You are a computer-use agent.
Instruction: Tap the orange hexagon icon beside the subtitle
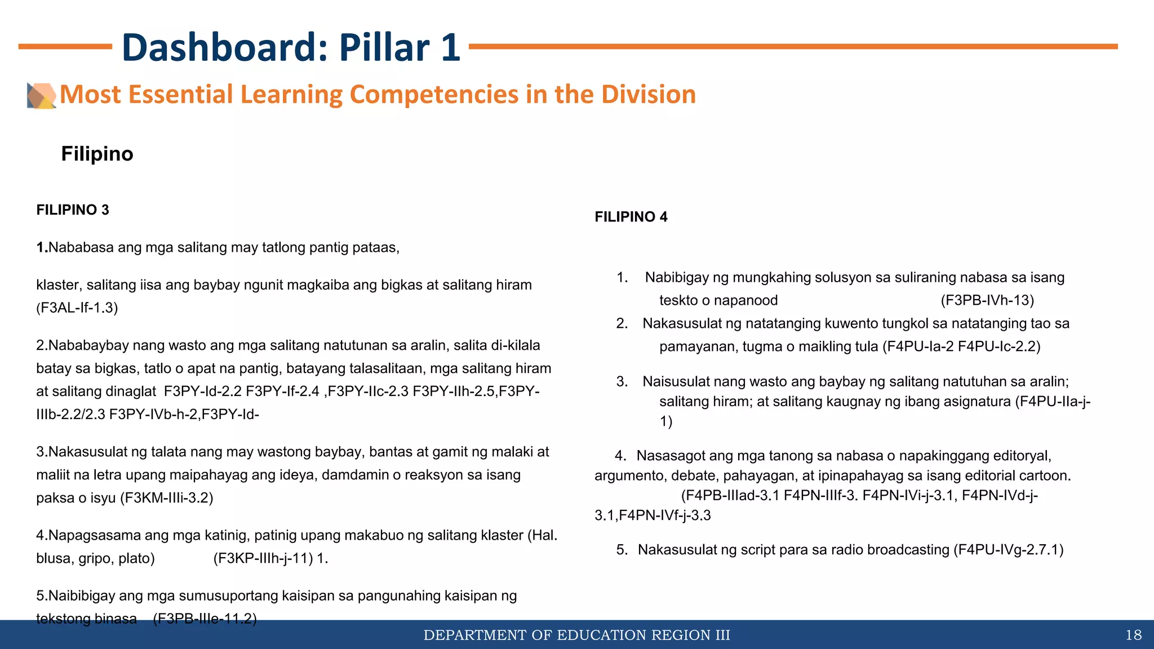pos(41,95)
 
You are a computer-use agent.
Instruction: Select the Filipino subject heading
pos(97,154)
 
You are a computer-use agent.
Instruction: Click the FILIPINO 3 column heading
pos(73,210)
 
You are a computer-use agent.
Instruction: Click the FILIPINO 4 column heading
pos(631,217)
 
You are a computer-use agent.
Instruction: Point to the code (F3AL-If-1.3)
pos(77,308)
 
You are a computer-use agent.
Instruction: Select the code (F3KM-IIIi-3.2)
pos(167,498)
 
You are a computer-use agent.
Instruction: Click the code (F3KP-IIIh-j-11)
pos(263,558)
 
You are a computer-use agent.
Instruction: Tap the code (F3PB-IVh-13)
pos(987,300)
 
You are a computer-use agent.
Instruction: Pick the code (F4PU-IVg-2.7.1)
pos(1008,550)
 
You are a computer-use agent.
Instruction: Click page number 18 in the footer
pos(1133,635)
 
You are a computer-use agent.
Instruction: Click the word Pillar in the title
pos(387,47)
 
